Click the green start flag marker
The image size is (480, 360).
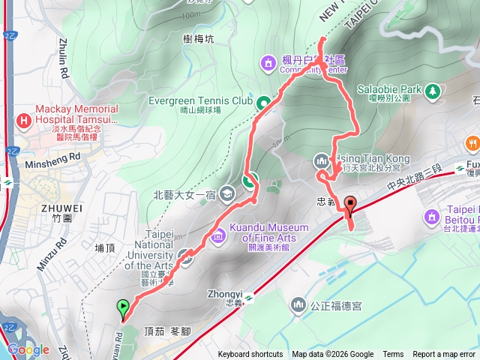click(x=122, y=307)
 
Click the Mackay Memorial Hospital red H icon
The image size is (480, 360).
click(x=24, y=118)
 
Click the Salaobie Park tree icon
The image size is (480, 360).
click(x=431, y=91)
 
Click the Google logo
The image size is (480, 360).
click(x=28, y=349)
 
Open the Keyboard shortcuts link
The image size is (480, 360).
click(x=250, y=355)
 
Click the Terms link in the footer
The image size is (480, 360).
click(x=393, y=355)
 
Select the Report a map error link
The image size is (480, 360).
click(x=445, y=355)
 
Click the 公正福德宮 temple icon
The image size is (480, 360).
click(x=298, y=305)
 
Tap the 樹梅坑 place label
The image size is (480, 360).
click(x=198, y=38)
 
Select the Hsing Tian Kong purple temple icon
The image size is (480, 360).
click(x=321, y=160)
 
